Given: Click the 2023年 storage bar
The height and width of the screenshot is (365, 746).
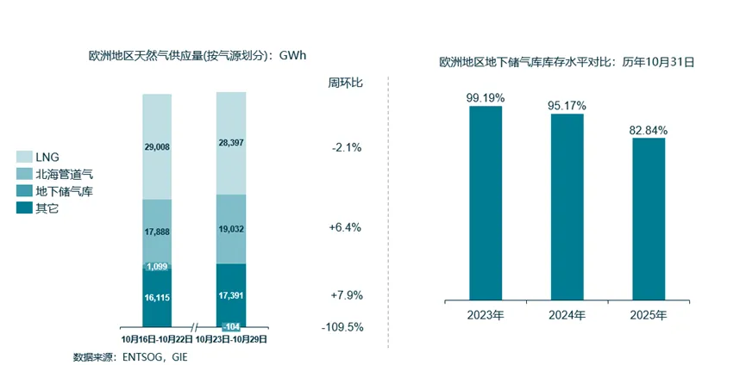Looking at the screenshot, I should tap(486, 203).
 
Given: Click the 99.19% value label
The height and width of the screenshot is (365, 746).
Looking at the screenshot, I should tap(485, 97).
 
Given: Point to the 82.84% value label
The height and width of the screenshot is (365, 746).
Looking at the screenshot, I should tap(649, 129).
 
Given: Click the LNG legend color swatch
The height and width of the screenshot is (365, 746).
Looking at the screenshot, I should tap(24, 157).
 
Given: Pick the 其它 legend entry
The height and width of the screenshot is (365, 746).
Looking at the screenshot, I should tap(48, 208).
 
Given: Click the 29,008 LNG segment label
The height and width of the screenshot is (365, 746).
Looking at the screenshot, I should tap(157, 147).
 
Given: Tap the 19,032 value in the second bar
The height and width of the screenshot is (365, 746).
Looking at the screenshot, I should tap(230, 229).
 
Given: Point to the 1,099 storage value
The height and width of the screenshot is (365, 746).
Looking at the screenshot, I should tap(157, 267).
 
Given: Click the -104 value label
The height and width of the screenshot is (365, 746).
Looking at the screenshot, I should tap(231, 326).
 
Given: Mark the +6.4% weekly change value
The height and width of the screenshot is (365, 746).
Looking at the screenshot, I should tap(345, 228).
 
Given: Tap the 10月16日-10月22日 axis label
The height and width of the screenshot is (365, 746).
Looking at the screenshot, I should tap(156, 339).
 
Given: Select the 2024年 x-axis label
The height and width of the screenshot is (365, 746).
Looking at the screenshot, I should tap(567, 315).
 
